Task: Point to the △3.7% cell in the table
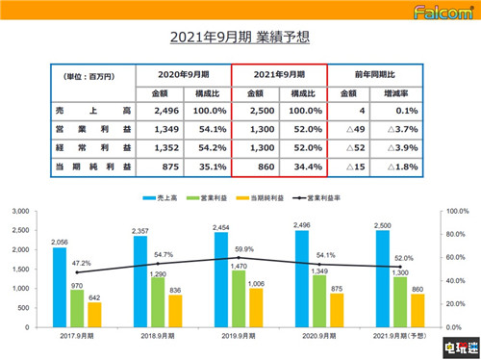pos(401,131)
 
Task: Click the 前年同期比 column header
pos(376,74)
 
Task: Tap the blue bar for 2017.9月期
pos(60,288)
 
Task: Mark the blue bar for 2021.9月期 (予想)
pos(384,279)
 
